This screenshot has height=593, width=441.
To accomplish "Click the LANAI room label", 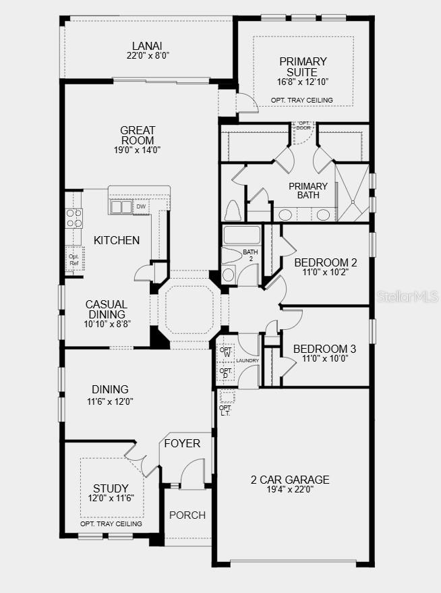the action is [x=147, y=46].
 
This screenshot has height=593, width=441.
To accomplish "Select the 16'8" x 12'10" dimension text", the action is [x=302, y=82].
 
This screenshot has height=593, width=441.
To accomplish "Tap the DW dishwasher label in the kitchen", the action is [x=141, y=206].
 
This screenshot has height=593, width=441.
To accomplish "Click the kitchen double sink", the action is [x=121, y=207].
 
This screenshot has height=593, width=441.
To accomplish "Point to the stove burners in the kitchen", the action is [x=74, y=218].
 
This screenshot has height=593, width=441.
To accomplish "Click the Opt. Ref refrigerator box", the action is [x=74, y=260].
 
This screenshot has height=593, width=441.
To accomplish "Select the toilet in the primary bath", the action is [x=233, y=210].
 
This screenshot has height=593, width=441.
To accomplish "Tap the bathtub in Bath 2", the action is [x=242, y=235].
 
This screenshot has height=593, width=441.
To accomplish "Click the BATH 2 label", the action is [x=251, y=255].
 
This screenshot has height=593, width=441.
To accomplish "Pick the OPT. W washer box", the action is [x=227, y=352].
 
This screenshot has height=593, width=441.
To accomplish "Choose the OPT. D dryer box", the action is [x=226, y=373].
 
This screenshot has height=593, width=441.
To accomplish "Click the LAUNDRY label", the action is [x=247, y=361].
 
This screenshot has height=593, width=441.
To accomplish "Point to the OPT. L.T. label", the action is [x=225, y=410].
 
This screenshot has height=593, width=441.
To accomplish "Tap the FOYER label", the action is [x=182, y=443].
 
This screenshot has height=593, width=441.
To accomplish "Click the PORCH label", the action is [x=187, y=515].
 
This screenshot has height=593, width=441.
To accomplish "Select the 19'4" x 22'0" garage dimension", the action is [x=290, y=490].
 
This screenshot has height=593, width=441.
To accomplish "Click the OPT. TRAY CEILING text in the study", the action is [x=111, y=524].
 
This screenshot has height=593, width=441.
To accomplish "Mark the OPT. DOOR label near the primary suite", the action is [x=304, y=125].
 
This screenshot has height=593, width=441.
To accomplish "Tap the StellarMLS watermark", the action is [x=408, y=296].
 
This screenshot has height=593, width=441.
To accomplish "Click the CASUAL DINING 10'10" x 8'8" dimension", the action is [x=107, y=324].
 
